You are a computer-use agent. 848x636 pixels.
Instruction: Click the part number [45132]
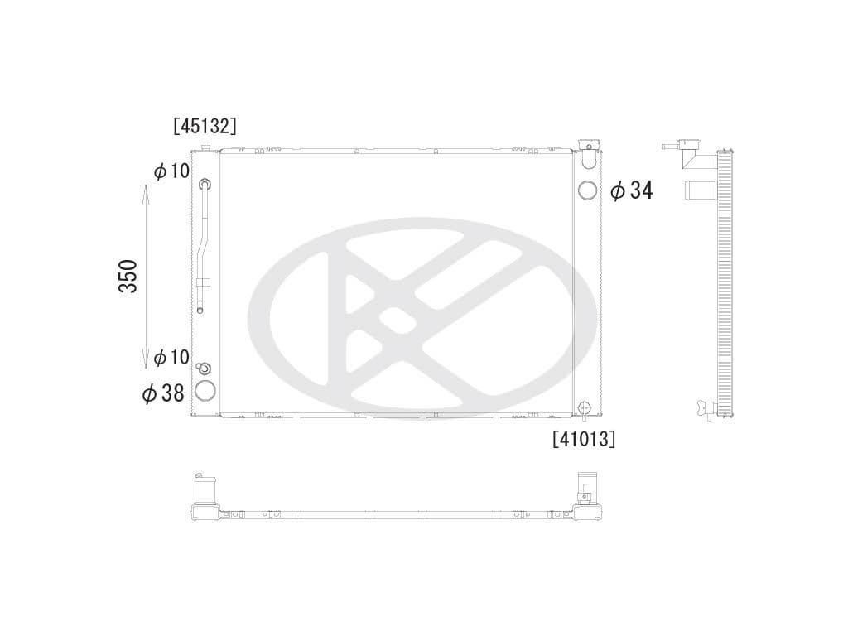click(205, 126)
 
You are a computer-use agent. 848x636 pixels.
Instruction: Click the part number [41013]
click(584, 439)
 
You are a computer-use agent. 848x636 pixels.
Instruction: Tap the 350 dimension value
click(128, 276)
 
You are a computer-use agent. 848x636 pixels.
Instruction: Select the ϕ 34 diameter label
click(632, 191)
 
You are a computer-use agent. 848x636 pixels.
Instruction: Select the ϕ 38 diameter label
click(163, 393)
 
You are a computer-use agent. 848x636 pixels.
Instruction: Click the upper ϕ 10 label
click(171, 171)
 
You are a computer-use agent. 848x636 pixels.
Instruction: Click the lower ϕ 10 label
click(171, 357)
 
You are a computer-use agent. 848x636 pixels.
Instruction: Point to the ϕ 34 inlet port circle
click(587, 190)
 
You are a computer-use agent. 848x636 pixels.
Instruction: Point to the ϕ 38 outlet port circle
click(205, 392)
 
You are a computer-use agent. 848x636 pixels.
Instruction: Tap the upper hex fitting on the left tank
click(205, 185)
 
